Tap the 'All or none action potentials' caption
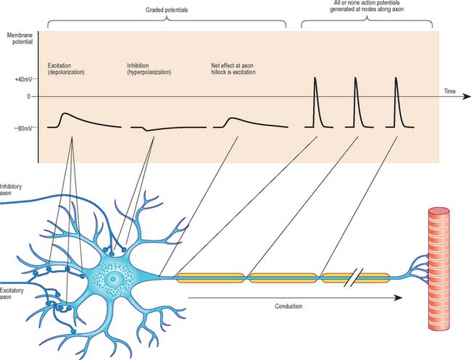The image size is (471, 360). click(367, 8)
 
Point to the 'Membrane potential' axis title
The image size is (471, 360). click(19, 39)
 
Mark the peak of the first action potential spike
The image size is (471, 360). click(315, 78)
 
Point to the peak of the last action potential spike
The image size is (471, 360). click(396, 78)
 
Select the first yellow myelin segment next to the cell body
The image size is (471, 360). click(210, 277)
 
